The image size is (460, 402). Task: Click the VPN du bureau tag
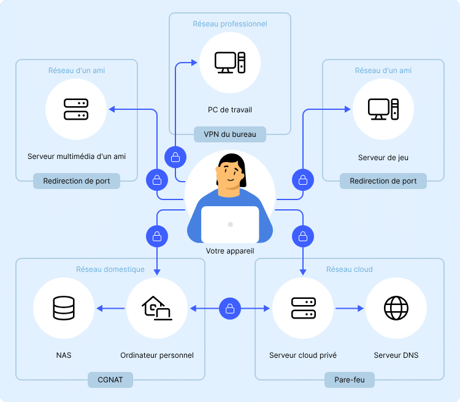pos(230,134)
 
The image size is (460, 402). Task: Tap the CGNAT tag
pos(110,380)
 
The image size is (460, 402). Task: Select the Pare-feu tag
pos(350,380)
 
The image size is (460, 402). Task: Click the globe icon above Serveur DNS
pos(396,308)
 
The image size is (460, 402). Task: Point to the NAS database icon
pos(64,308)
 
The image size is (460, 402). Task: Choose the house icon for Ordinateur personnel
pos(156,308)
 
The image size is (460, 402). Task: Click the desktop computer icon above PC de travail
pos(230,63)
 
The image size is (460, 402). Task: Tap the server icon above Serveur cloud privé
pos(304,308)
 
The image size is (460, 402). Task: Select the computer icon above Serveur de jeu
pos(383,109)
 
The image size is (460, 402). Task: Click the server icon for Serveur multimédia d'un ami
pos(76,109)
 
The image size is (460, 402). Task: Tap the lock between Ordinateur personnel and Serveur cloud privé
pos(230,309)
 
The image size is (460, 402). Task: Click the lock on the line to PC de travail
pos(175,157)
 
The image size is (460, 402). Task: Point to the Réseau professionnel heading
pos(230,24)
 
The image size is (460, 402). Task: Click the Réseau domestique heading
pos(110,269)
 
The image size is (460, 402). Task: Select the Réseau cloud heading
pos(350,269)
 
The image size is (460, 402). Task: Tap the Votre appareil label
pos(230,251)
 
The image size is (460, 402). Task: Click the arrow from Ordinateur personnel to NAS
pos(110,308)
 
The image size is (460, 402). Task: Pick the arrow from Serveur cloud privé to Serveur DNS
pos(350,308)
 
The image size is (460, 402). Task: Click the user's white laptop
pos(230,225)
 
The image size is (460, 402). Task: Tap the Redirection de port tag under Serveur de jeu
pos(383,181)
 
